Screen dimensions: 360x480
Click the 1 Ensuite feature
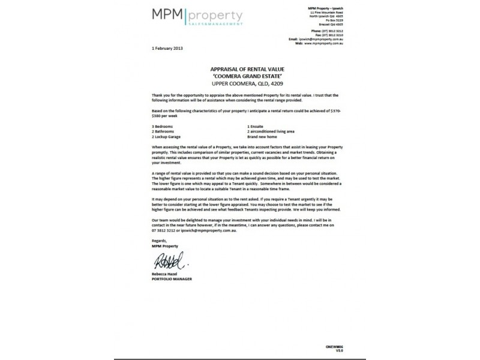tap(256, 126)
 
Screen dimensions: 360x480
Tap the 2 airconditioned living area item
tap(271, 131)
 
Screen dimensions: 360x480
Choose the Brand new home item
tap(260, 137)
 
